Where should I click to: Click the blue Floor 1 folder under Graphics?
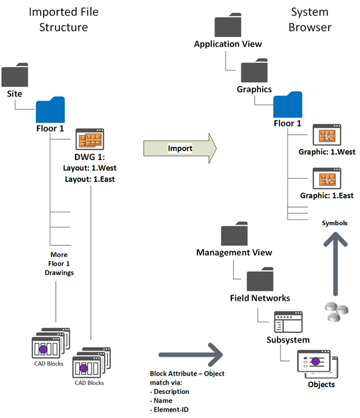288,105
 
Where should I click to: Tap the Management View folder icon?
234,235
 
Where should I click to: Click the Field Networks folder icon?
261,280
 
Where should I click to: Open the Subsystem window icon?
288,323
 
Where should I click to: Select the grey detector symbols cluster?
335,309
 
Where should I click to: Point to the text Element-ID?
170,409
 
